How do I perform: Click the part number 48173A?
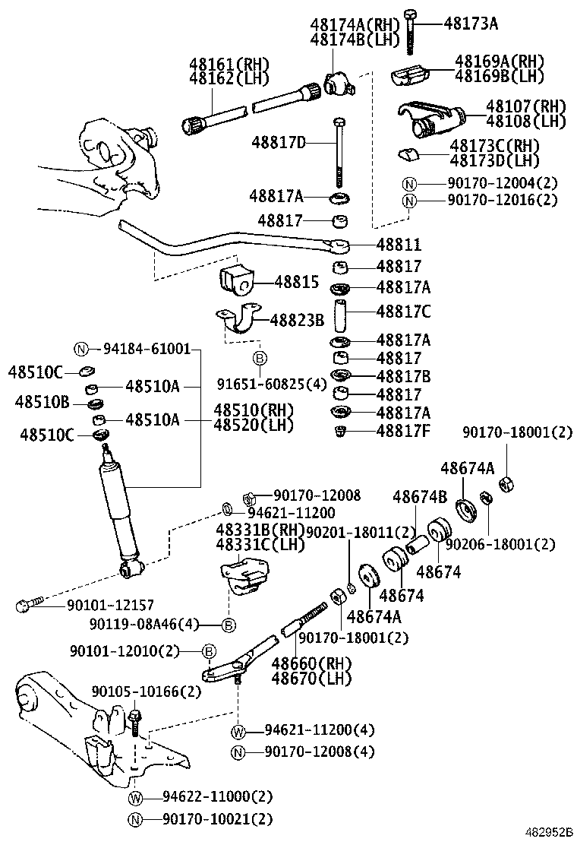click(x=470, y=24)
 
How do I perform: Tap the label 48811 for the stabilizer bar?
click(x=399, y=245)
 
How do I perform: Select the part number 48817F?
click(x=404, y=431)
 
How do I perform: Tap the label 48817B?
click(x=404, y=376)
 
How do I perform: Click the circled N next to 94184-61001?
click(x=81, y=349)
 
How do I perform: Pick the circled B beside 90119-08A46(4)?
click(x=228, y=625)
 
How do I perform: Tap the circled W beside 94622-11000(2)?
click(x=136, y=797)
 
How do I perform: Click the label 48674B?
click(x=420, y=497)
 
